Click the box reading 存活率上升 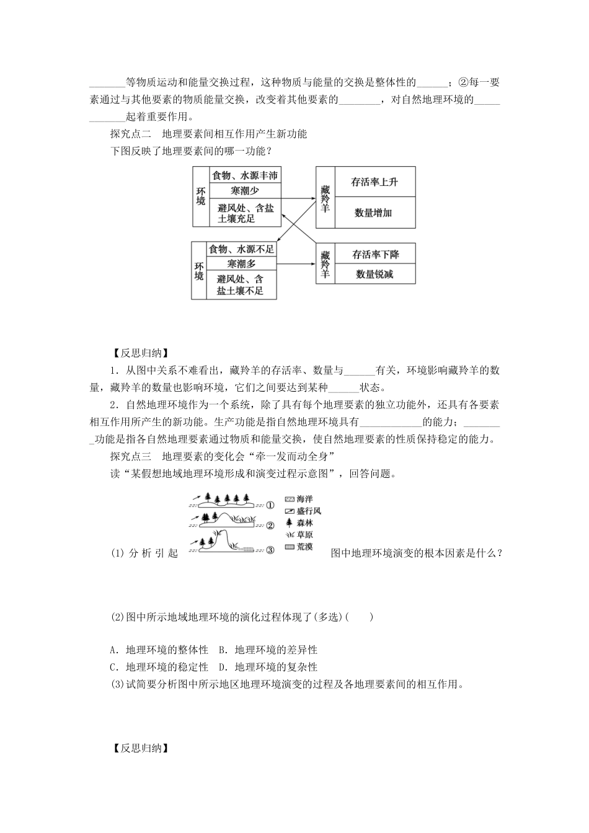point(374,182)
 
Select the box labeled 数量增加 point(374,213)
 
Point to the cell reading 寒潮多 point(241,263)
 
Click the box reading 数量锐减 point(374,274)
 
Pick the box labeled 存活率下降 point(374,254)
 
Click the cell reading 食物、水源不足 point(241,249)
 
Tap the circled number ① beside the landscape point(270,505)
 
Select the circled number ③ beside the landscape point(270,549)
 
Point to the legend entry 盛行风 point(303,511)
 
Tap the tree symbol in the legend point(289,523)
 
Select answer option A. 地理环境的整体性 point(159,650)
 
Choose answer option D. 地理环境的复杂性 point(268,667)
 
